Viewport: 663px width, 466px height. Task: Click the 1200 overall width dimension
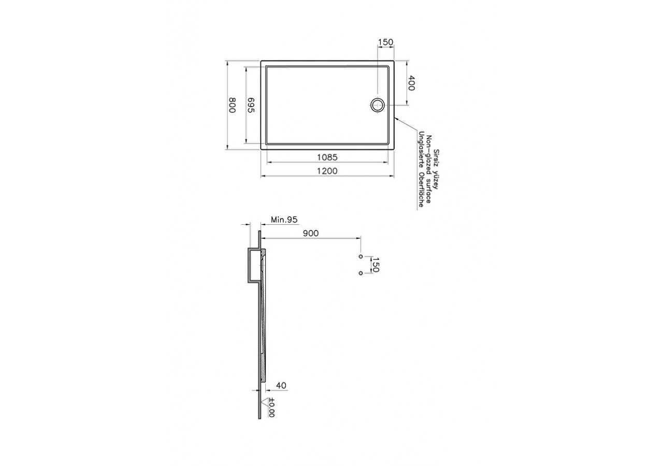327,171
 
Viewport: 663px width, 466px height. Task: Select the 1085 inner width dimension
327,157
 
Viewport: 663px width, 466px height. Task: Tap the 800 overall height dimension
233,105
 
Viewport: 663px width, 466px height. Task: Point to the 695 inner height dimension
251,105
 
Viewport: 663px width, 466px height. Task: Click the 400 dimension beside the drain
411,84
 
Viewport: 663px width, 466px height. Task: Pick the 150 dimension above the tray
385,42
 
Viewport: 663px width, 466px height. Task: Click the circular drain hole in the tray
377,105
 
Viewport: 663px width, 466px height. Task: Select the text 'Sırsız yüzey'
436,169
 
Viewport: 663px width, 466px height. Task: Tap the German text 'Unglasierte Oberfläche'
422,169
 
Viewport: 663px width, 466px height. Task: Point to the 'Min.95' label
284,220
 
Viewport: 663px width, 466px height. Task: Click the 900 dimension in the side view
311,234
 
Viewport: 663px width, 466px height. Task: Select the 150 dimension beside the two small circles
376,265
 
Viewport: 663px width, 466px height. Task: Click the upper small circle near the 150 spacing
361,256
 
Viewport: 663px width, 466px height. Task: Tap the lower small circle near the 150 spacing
361,273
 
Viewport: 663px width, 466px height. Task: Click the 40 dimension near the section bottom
281,385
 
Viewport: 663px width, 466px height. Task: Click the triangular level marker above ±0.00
268,401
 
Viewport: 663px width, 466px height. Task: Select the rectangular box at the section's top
253,266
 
